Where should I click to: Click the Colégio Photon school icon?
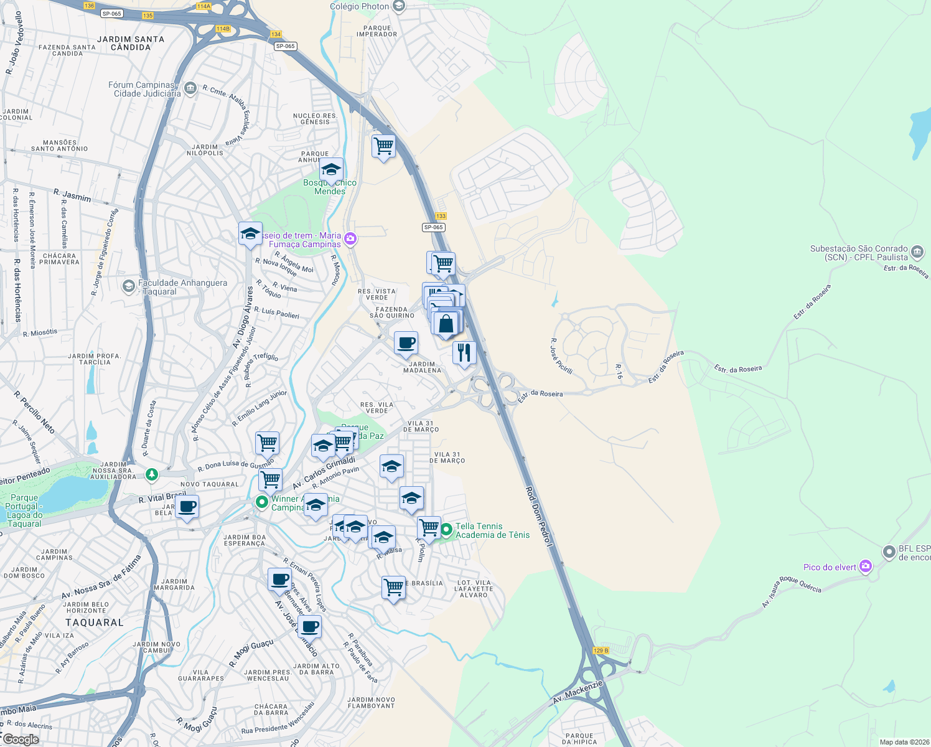[x=400, y=7]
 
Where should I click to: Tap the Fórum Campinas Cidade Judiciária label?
[x=147, y=89]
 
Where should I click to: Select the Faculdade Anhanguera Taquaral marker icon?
[x=129, y=286]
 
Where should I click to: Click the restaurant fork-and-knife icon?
[x=464, y=352]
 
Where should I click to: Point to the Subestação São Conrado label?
[x=859, y=253]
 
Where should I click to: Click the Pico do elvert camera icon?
[x=865, y=566]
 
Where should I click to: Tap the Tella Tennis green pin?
[x=446, y=530]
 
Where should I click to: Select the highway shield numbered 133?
[x=441, y=216]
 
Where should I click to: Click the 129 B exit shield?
[x=601, y=651]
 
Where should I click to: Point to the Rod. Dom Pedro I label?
[x=539, y=517]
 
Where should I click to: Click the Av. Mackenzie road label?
[x=578, y=692]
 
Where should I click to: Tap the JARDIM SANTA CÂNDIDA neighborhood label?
[x=131, y=43]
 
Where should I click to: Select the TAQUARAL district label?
[x=95, y=622]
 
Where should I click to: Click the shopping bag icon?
[x=446, y=324]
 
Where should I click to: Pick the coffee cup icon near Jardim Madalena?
[x=406, y=342]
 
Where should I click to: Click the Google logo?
[x=21, y=740]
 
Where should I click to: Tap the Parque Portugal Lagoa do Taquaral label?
[x=24, y=510]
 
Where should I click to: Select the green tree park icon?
[x=151, y=475]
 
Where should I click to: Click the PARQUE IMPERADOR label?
[x=377, y=31]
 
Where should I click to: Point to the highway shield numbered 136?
[x=89, y=6]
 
